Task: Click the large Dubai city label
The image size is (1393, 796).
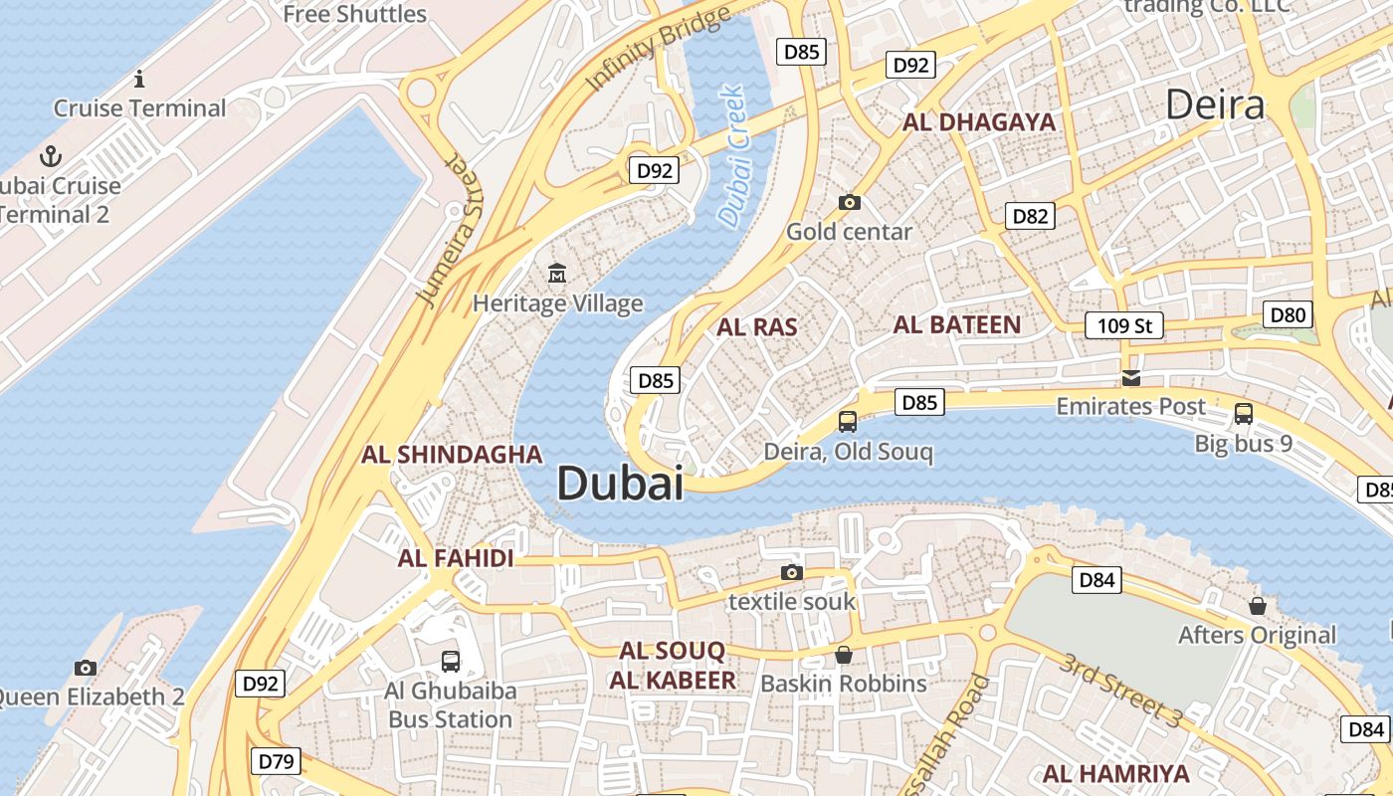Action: (620, 484)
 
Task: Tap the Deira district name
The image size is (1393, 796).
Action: (1214, 104)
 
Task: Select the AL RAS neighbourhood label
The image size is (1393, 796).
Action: (757, 326)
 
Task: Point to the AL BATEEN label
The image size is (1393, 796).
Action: (956, 324)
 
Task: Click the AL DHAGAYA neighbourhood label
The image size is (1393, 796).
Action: (978, 122)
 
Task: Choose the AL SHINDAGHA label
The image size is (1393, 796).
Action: (452, 455)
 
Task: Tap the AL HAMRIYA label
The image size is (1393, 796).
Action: (1115, 773)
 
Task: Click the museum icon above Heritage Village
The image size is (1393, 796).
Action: (557, 272)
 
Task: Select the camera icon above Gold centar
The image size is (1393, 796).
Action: (849, 202)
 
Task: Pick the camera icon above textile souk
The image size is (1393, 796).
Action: (792, 572)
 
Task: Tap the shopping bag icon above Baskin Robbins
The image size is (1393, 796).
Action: (844, 654)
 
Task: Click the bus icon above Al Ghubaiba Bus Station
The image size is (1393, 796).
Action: (451, 661)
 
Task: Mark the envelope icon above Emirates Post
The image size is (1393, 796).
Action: (1130, 377)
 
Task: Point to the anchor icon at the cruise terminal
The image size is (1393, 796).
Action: (50, 155)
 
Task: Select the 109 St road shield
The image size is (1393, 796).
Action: (1123, 325)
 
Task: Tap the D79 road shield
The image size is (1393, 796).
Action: (276, 762)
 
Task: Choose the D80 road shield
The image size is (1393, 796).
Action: (1288, 315)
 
